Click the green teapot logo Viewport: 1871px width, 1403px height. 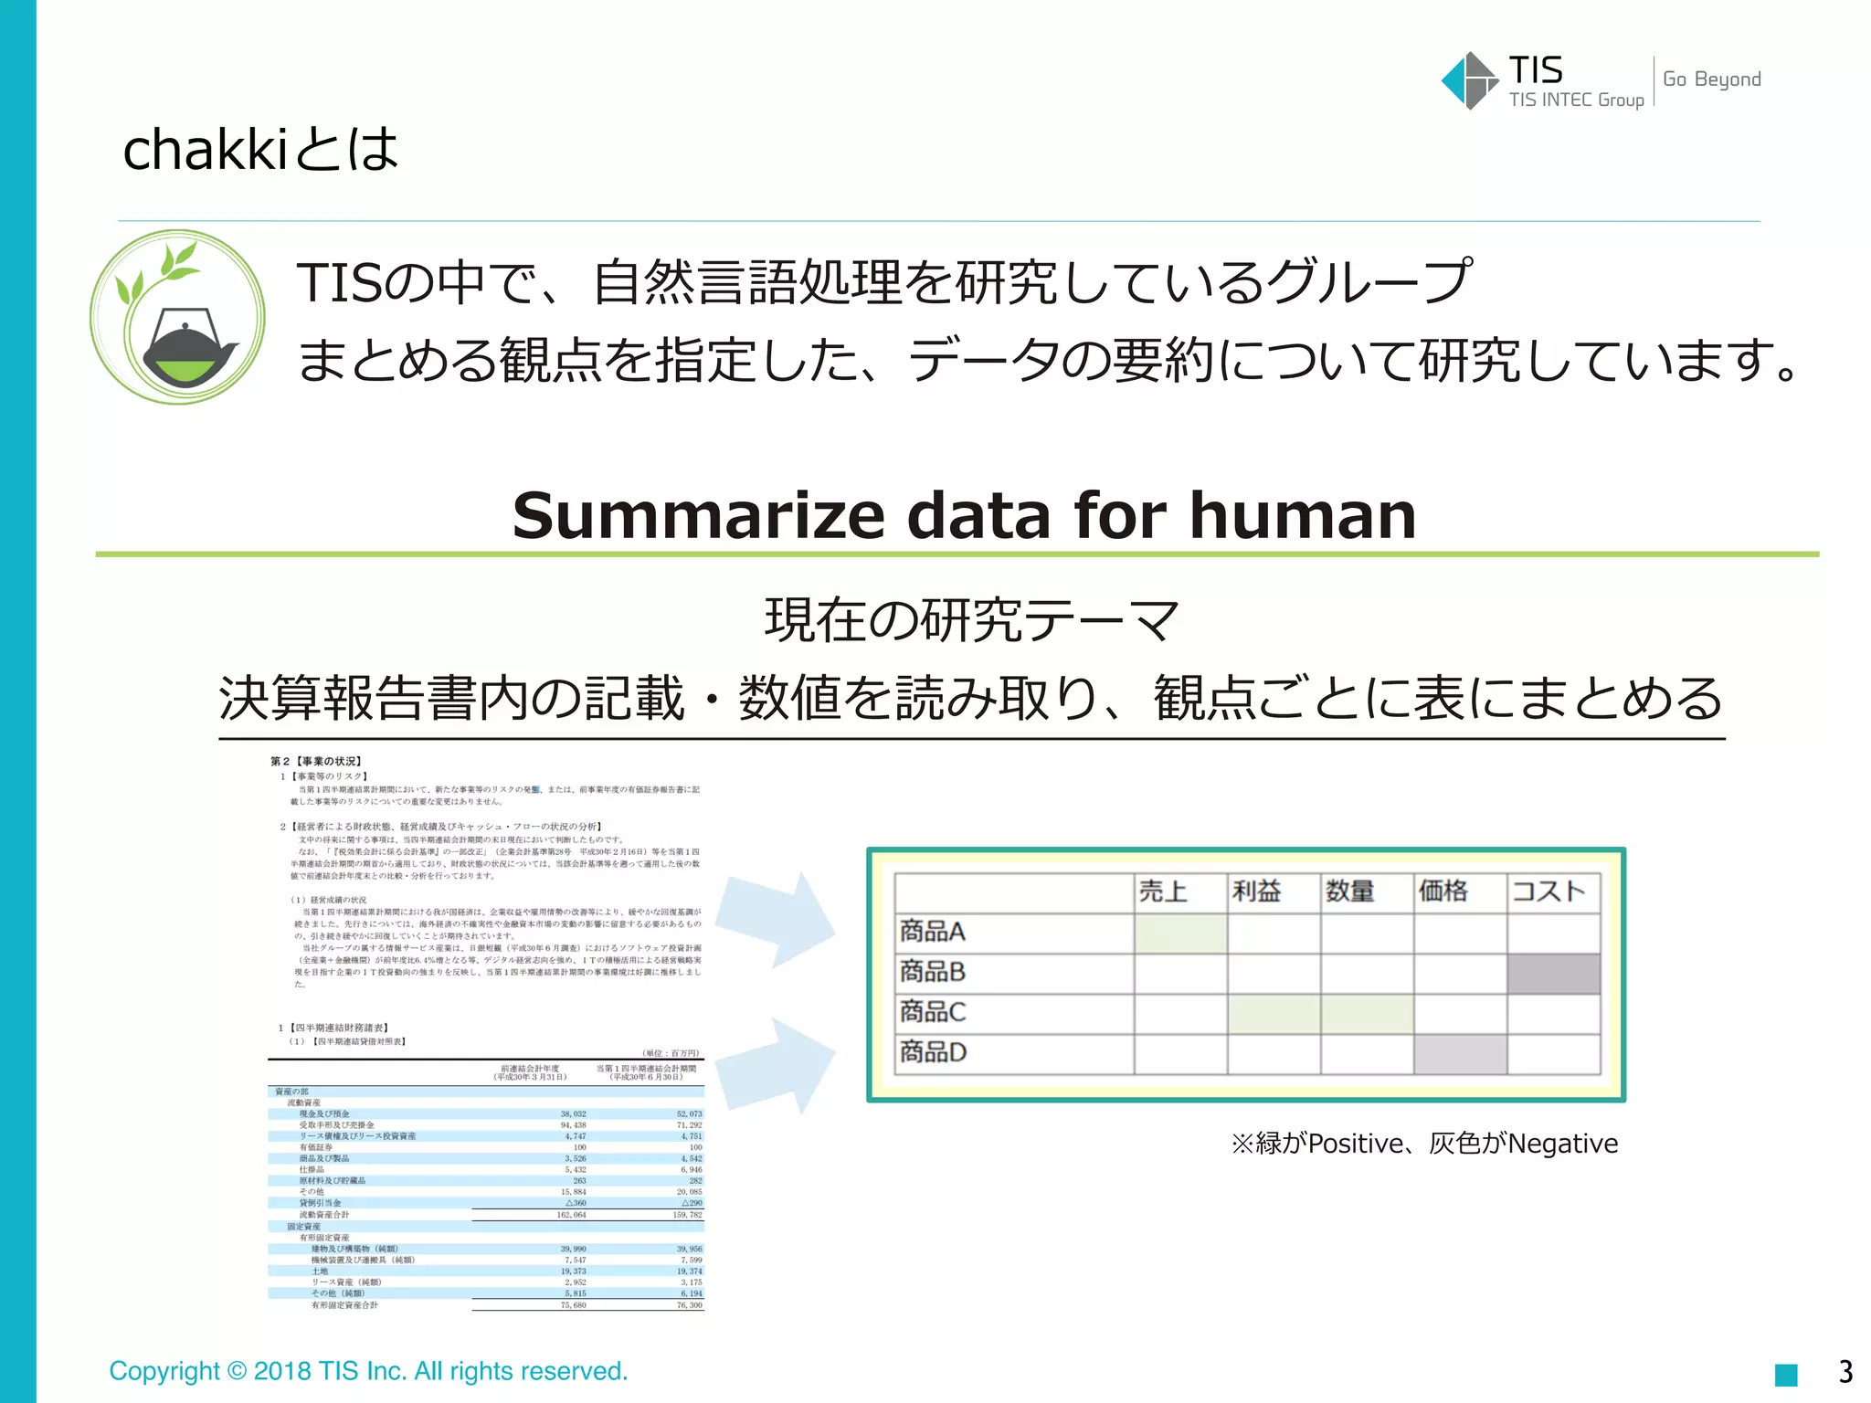coord(178,317)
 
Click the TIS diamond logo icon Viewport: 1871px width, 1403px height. coord(1469,80)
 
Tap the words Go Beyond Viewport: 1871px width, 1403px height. coord(1711,79)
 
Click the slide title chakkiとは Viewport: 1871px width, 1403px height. coord(260,150)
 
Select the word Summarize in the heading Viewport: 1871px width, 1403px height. coord(698,515)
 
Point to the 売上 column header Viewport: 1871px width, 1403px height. coord(1163,891)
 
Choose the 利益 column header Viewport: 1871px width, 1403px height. coord(1256,891)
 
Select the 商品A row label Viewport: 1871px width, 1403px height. coord(933,932)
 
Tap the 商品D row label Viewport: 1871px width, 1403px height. coord(933,1052)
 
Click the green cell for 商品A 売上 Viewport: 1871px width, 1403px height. coord(1180,934)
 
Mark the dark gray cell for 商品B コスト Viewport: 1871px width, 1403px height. coord(1553,974)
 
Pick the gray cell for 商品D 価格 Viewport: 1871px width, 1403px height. coord(1460,1054)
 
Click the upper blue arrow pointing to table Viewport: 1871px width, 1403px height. coord(777,919)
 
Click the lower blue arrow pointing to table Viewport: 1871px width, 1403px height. coord(777,1064)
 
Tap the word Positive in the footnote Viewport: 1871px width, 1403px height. coord(1356,1144)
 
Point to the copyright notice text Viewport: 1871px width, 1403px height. coord(368,1371)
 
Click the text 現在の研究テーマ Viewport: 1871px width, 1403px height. coord(971,620)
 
